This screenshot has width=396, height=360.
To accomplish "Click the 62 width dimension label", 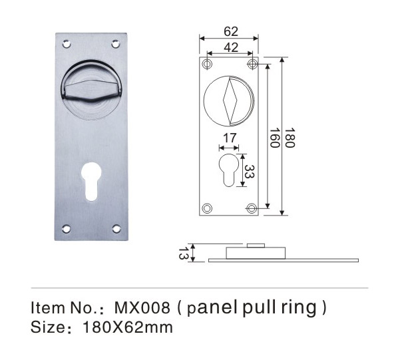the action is pos(231,31).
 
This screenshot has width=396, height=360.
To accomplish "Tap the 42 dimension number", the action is pos(231,47).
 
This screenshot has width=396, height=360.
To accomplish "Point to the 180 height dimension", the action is pos(290,138).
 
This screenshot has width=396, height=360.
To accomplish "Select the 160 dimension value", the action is pos(274,138).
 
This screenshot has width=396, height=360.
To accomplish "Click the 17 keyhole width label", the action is pos(230,138).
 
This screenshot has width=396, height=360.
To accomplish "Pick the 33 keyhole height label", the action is pos(250,172).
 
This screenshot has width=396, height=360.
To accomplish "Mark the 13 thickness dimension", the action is pos(183,254).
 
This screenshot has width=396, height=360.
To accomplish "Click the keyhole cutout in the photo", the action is pos(91,181).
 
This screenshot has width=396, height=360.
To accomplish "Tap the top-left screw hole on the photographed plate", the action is pos(67,44).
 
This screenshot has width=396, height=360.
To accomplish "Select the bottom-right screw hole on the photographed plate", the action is pos(116,229).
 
